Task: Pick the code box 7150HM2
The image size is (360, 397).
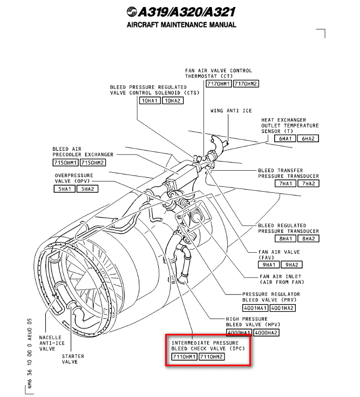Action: (x=92, y=163)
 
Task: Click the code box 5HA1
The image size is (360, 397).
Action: (x=64, y=189)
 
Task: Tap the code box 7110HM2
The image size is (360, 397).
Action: (x=211, y=357)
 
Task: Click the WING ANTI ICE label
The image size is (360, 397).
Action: (x=231, y=111)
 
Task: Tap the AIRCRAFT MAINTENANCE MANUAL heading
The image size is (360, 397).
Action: (x=181, y=25)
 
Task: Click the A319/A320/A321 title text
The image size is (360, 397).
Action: (x=187, y=12)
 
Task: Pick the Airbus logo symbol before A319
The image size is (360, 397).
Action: (x=132, y=12)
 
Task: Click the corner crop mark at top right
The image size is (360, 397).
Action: (x=323, y=33)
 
